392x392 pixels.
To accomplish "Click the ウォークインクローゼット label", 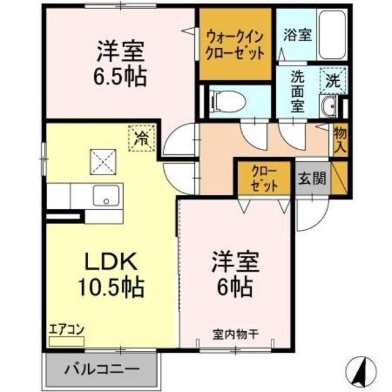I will pos(235,44).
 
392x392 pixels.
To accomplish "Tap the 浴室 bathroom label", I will pos(298,36).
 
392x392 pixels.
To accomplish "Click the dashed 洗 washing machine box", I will pos(333,78).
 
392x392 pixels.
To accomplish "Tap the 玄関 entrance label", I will pos(312,179).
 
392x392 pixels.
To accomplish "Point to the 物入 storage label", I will pos(340,140).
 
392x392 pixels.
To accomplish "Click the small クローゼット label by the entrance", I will pos(264,178).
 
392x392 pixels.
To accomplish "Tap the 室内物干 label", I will pos(236,333).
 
